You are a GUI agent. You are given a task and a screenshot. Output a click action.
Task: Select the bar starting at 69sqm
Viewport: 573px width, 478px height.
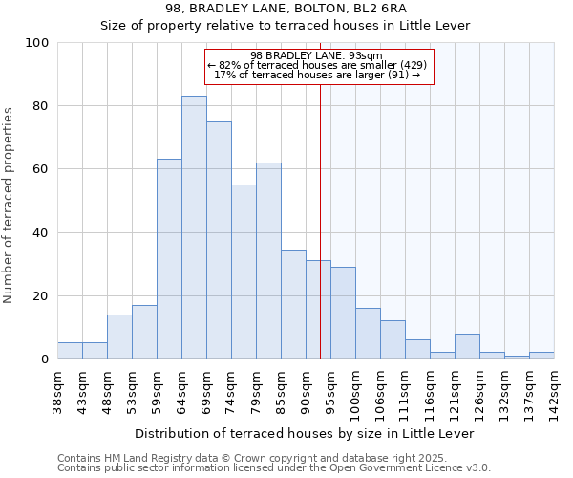(219, 240)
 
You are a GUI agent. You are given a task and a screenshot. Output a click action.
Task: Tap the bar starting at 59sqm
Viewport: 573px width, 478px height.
(169, 259)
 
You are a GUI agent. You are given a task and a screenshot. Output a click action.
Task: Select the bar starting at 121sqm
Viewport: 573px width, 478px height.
(467, 346)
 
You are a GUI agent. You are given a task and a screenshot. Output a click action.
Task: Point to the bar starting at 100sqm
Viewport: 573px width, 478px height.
(368, 334)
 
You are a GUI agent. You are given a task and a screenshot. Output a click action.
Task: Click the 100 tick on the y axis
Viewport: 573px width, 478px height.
(37, 43)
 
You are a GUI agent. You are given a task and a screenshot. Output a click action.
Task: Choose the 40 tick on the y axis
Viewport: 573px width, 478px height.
(41, 232)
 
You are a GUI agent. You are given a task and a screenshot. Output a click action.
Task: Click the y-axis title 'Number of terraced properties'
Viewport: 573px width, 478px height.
(9, 206)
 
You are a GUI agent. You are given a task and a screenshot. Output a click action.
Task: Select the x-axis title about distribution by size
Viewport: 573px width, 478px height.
(304, 433)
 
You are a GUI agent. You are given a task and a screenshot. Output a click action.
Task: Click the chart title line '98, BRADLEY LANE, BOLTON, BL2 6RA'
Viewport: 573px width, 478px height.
(286, 8)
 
